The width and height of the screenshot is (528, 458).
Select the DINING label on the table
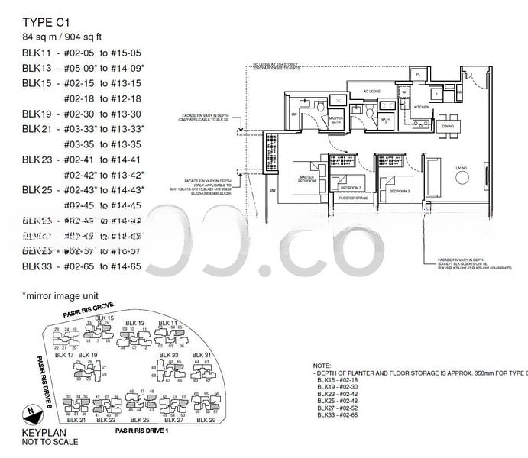(449, 126)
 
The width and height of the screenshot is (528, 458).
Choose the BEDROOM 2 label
(351, 186)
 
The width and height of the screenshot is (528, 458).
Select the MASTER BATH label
(335, 120)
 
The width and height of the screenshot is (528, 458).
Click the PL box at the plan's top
(417, 74)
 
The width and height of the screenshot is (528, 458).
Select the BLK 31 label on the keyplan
(202, 356)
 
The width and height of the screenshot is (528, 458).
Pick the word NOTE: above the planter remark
(322, 366)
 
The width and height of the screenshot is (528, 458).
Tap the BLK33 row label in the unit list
(37, 266)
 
